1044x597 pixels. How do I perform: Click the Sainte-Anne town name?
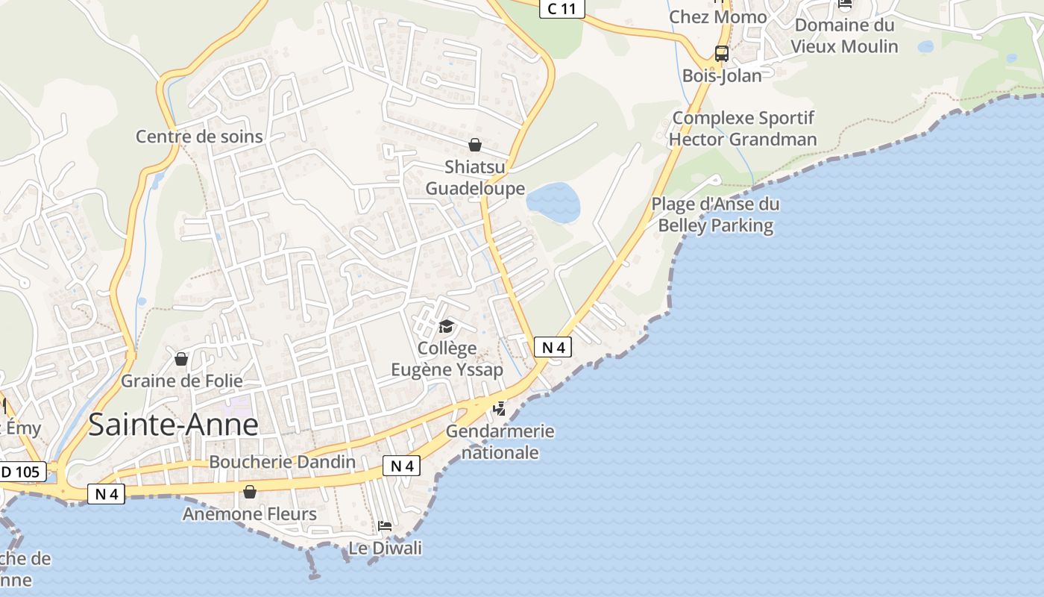point(173,425)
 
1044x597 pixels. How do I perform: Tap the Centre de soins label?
point(199,137)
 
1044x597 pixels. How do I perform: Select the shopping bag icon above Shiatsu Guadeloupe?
point(475,145)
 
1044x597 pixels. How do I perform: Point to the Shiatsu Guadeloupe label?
point(475,178)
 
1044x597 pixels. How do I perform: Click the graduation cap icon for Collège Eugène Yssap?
point(446,326)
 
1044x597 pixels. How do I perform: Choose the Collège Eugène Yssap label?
point(447,359)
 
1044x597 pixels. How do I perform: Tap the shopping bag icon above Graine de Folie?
point(180,360)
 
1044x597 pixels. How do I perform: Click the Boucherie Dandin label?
point(282,462)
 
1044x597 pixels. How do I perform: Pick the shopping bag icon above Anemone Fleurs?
point(250,492)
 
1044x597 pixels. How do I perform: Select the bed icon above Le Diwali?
point(385,526)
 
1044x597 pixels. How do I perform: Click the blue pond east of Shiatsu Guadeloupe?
point(553,201)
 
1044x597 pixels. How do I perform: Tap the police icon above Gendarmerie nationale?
point(500,409)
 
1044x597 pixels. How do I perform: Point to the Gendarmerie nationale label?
point(500,442)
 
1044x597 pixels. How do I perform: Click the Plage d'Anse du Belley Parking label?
point(715,215)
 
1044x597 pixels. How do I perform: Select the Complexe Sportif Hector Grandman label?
point(743,129)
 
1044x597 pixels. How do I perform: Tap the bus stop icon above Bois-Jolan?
point(721,54)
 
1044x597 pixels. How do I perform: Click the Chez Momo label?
point(717,17)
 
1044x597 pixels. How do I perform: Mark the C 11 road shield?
point(562,9)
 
